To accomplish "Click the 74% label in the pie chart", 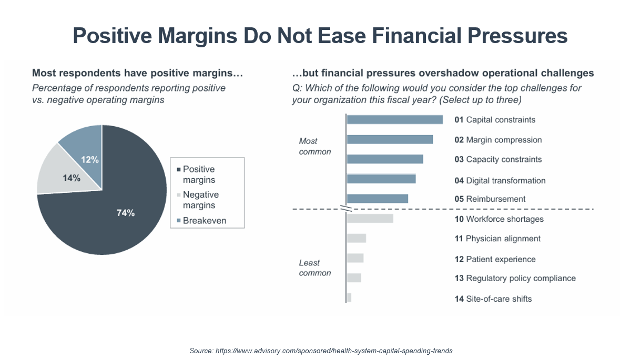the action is [x=126, y=213].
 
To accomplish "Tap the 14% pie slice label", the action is [x=72, y=178].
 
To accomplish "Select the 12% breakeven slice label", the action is [x=90, y=160].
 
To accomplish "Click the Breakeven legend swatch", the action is [x=179, y=220].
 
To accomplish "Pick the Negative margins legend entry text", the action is [x=200, y=200].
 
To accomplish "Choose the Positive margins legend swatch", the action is [x=179, y=170].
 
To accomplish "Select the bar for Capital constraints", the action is [x=395, y=119].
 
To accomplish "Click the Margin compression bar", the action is [x=390, y=140].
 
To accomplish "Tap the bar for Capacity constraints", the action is [x=385, y=159].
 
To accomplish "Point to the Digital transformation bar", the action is [x=381, y=179].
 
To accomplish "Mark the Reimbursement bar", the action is [x=378, y=199].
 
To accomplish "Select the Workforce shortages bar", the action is [x=370, y=219].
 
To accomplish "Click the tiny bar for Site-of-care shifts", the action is [x=349, y=297].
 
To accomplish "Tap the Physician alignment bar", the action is [x=357, y=238].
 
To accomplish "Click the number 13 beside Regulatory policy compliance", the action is [x=459, y=278].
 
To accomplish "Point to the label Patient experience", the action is [x=501, y=259].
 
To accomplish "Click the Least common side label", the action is [x=315, y=268].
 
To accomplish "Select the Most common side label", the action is [x=315, y=146].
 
